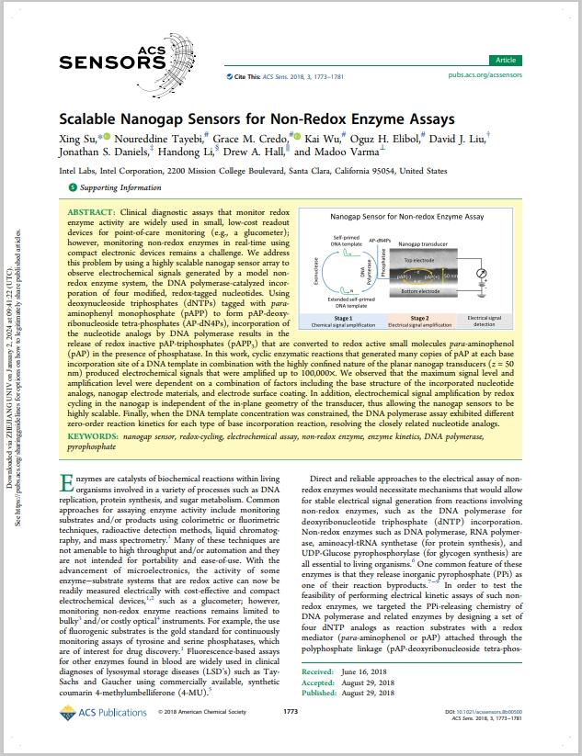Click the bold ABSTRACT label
(90, 212)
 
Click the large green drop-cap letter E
(66, 485)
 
